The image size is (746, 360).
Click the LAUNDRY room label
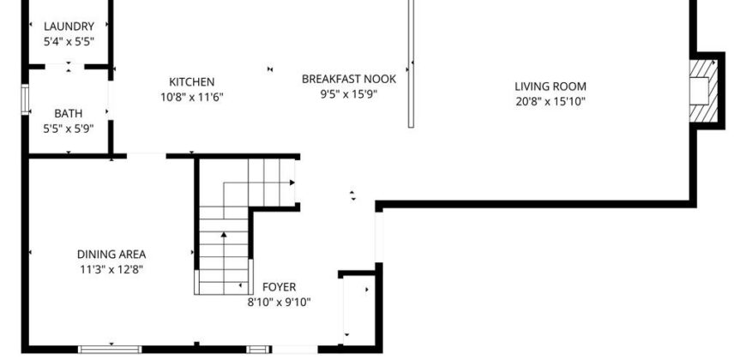pyautogui.click(x=69, y=27)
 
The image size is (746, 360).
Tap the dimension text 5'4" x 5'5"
pyautogui.click(x=69, y=42)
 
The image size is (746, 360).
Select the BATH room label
pyautogui.click(x=68, y=114)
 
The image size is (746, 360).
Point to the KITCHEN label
pyautogui.click(x=192, y=82)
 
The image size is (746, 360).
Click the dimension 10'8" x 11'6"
pyautogui.click(x=192, y=98)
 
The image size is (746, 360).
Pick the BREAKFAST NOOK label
pyautogui.click(x=349, y=79)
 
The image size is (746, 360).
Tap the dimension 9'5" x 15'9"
pyautogui.click(x=349, y=94)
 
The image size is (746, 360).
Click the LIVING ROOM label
pyautogui.click(x=550, y=87)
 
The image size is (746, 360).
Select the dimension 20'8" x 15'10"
pyautogui.click(x=550, y=102)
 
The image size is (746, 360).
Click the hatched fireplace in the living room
pyautogui.click(x=704, y=91)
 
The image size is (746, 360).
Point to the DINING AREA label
pyautogui.click(x=111, y=255)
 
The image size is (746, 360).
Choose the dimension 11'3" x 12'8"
pyautogui.click(x=111, y=270)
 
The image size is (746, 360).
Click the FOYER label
pyautogui.click(x=280, y=287)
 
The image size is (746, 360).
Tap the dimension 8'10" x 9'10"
pyautogui.click(x=280, y=303)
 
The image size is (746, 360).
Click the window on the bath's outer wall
pyautogui.click(x=25, y=99)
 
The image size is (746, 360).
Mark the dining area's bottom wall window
pyautogui.click(x=110, y=350)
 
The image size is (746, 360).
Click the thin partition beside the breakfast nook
pyautogui.click(x=411, y=63)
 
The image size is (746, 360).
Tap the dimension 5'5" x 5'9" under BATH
pyautogui.click(x=68, y=129)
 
